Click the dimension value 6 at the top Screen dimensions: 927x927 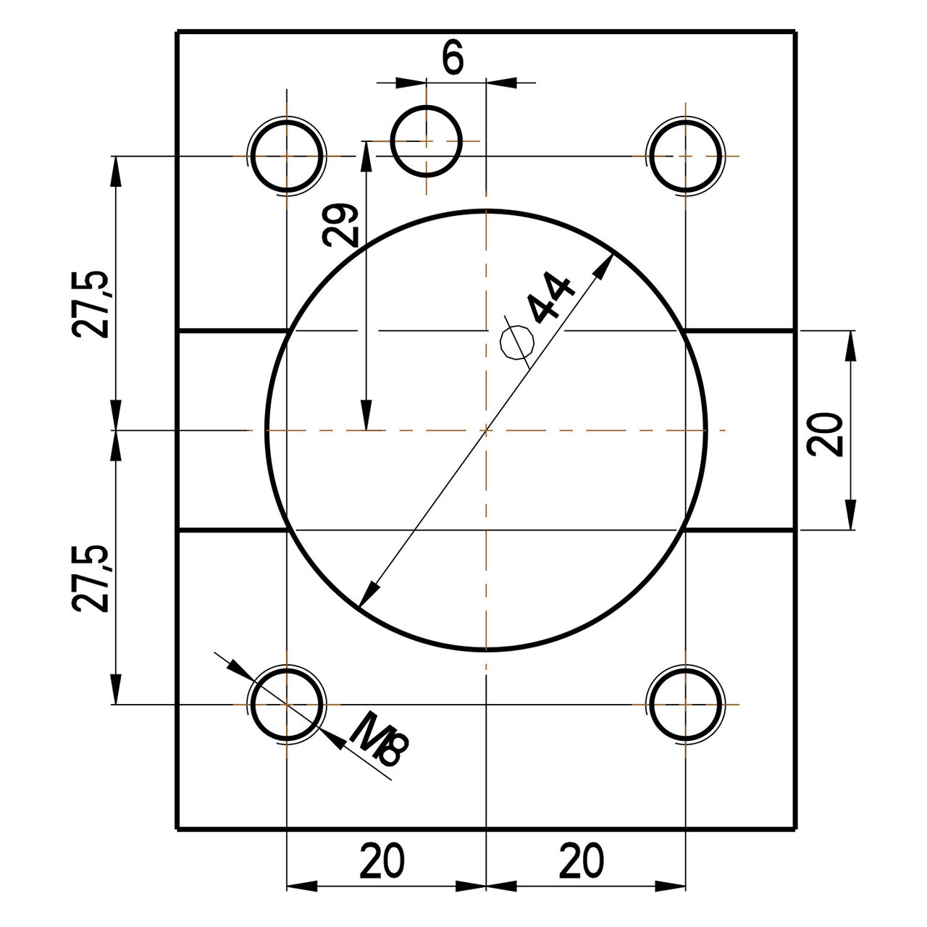point(453,59)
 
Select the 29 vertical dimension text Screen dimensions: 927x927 point(340,226)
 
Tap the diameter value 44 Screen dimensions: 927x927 point(552,297)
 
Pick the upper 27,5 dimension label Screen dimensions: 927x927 point(92,304)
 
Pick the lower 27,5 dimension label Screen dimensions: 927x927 point(92,579)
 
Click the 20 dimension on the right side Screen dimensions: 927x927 point(826,435)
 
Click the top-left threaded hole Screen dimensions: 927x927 point(288,156)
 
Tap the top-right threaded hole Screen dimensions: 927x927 point(685,156)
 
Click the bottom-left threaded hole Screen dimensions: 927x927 point(288,704)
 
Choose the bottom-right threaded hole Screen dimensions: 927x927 point(685,704)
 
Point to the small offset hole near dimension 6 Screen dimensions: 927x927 point(427,140)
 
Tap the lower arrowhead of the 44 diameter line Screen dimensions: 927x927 point(369,595)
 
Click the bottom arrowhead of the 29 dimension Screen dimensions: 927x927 point(367,416)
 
